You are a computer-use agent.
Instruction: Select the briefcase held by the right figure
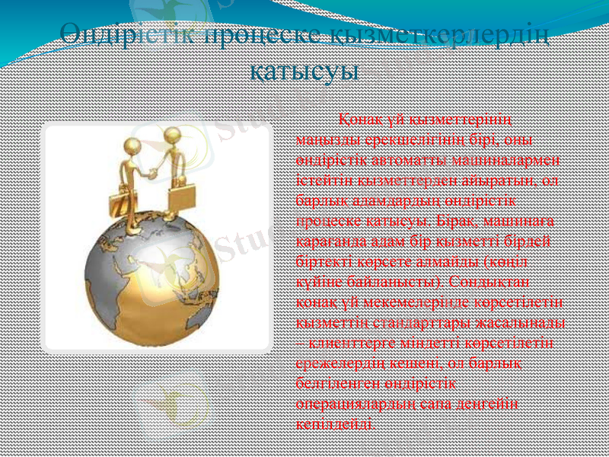[181, 196]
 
